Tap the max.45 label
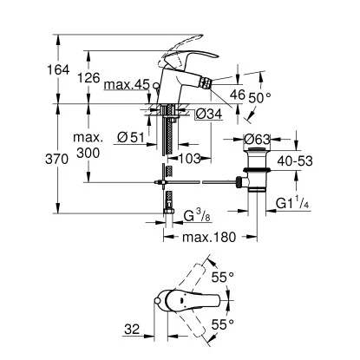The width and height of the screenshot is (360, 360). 127,85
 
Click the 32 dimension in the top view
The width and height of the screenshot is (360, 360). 131,329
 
